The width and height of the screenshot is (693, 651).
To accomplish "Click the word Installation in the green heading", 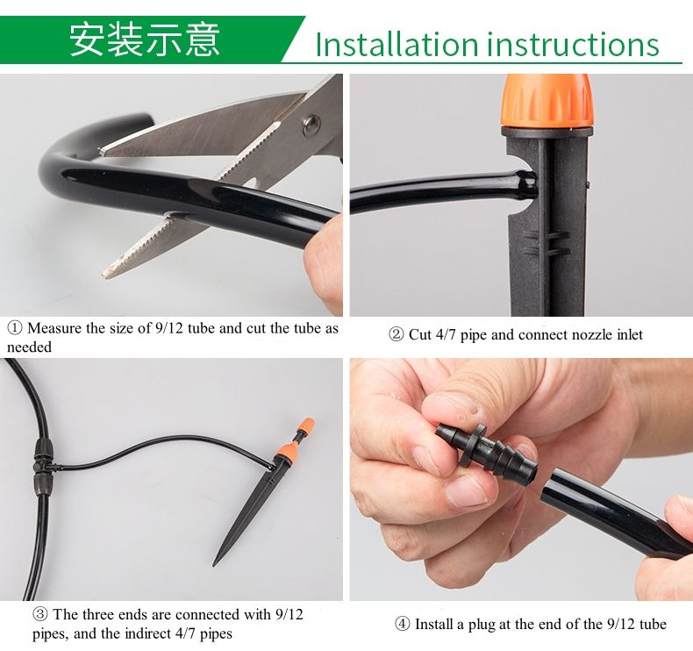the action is [x=397, y=44].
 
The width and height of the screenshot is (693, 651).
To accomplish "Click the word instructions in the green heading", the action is [x=573, y=44].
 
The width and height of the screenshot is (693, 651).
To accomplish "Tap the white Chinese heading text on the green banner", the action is [x=145, y=39].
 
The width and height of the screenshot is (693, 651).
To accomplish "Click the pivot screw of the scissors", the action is [x=311, y=125].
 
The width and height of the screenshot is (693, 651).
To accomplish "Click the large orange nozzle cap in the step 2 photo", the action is [x=547, y=101].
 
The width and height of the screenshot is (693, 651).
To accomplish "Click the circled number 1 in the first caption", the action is [x=15, y=328].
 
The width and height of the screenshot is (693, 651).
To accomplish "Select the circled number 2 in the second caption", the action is [x=396, y=334].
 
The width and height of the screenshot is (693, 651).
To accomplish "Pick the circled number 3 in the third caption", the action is [x=39, y=614].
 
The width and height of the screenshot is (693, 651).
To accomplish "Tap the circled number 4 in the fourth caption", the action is [x=402, y=624].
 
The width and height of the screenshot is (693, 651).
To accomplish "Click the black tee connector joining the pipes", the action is [x=43, y=466].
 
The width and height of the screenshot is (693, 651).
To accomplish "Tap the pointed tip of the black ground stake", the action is [x=214, y=565].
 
